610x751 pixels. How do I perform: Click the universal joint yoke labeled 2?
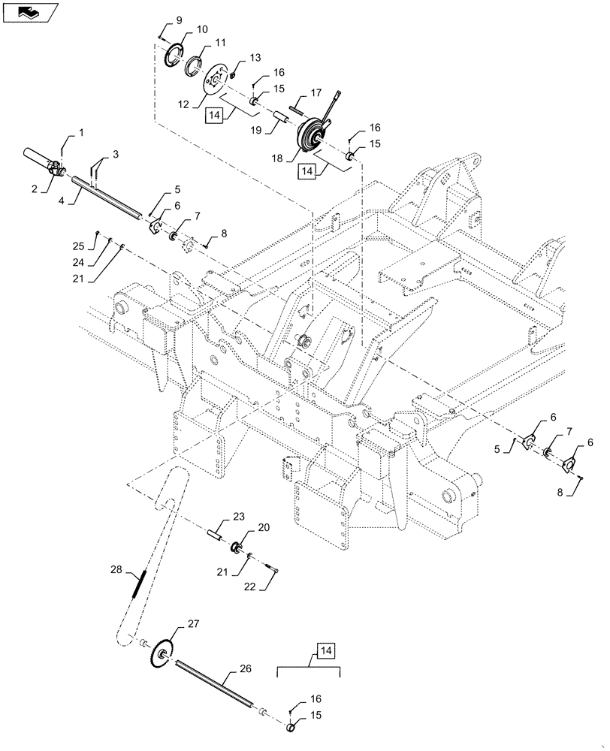coord(56,170)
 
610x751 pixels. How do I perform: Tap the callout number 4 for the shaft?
coord(61,201)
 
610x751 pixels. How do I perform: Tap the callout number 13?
coord(255,57)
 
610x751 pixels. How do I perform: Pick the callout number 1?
coord(80,132)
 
